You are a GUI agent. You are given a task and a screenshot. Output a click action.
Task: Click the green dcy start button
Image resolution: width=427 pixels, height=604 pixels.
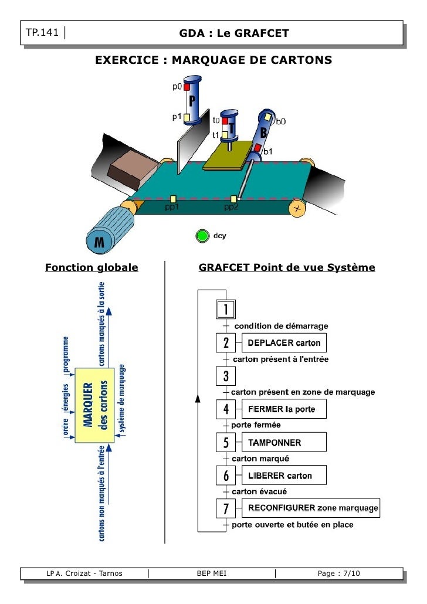click(202, 236)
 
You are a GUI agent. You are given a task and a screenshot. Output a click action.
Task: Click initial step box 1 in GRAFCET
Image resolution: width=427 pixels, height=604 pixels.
click(226, 309)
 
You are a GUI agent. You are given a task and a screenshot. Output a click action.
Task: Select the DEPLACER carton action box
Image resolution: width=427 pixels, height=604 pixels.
click(284, 342)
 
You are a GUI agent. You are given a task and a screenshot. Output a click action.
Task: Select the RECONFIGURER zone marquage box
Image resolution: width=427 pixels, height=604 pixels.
click(311, 508)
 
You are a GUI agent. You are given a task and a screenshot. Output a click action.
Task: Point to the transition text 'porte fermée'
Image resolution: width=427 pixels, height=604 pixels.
click(256, 425)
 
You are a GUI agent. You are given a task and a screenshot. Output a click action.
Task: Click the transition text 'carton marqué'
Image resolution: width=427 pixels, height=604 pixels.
click(260, 458)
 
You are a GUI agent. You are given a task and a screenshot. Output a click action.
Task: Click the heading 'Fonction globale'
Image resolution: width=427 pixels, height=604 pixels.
click(92, 268)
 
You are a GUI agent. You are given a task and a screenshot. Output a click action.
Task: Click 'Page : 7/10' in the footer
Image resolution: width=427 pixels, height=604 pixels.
click(338, 573)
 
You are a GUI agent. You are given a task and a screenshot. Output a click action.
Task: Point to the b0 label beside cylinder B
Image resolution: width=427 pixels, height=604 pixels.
click(281, 122)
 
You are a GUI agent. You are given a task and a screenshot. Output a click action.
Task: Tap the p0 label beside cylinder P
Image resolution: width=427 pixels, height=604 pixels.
click(177, 87)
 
